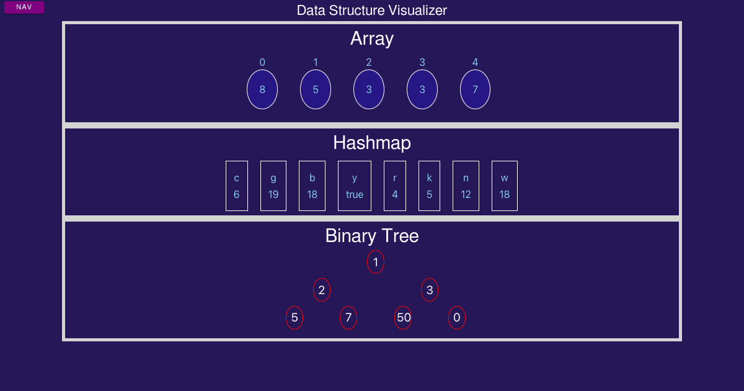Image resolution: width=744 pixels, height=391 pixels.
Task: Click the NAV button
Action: pyautogui.click(x=24, y=7)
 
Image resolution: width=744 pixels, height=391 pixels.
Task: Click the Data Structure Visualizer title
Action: pyautogui.click(x=372, y=11)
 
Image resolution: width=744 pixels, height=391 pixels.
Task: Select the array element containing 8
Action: pyautogui.click(x=262, y=89)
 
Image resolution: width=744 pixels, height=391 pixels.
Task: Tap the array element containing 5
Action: pyautogui.click(x=316, y=89)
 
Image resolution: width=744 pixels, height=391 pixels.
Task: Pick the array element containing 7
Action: pyautogui.click(x=475, y=89)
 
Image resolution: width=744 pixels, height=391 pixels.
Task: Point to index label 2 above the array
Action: pyautogui.click(x=369, y=62)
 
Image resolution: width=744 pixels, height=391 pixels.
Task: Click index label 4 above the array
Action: pyautogui.click(x=475, y=62)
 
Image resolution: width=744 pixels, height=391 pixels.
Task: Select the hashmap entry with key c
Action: pyautogui.click(x=237, y=186)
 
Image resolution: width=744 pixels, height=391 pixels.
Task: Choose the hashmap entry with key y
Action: pyautogui.click(x=355, y=186)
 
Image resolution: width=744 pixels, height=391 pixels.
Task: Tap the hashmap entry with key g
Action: pyautogui.click(x=273, y=186)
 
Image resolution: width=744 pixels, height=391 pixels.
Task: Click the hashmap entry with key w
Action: pyautogui.click(x=505, y=186)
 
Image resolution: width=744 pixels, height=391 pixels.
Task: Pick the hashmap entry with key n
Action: pyautogui.click(x=466, y=186)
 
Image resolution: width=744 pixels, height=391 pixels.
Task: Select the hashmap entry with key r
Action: pyautogui.click(x=395, y=186)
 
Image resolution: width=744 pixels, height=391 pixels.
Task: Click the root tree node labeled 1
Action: pyautogui.click(x=376, y=262)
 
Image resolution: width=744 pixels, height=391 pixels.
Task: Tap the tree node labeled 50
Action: pyautogui.click(x=403, y=318)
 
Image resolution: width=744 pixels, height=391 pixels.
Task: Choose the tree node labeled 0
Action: pyautogui.click(x=457, y=318)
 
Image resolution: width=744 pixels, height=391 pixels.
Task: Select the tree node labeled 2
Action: pyautogui.click(x=322, y=290)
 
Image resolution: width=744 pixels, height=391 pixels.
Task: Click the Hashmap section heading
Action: pyautogui.click(x=372, y=143)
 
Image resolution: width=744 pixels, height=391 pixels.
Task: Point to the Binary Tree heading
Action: pyautogui.click(x=372, y=236)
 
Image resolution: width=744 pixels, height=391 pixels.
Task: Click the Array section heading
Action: pyautogui.click(x=372, y=38)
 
